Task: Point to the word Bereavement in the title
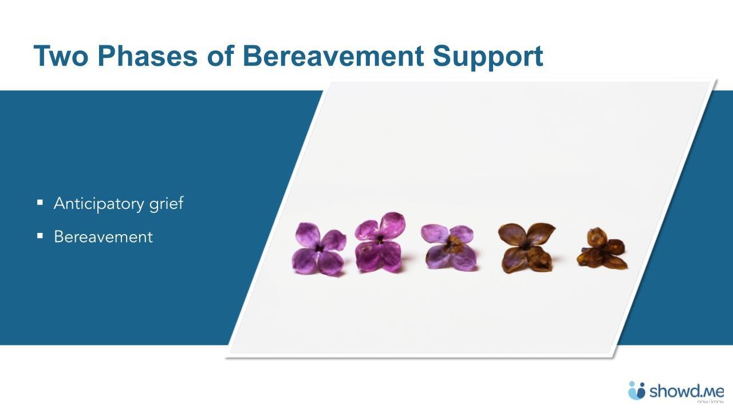click(333, 56)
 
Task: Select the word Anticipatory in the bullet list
click(99, 204)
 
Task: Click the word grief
click(167, 204)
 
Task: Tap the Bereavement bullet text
click(103, 237)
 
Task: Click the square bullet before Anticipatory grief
click(40, 202)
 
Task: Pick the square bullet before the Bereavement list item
click(40, 235)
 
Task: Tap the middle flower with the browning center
click(449, 247)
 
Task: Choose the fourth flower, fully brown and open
click(526, 247)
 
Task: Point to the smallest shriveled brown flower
click(601, 249)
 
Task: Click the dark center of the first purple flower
click(319, 248)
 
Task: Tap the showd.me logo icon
click(636, 391)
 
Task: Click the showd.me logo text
click(686, 392)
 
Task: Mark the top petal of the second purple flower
click(392, 224)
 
